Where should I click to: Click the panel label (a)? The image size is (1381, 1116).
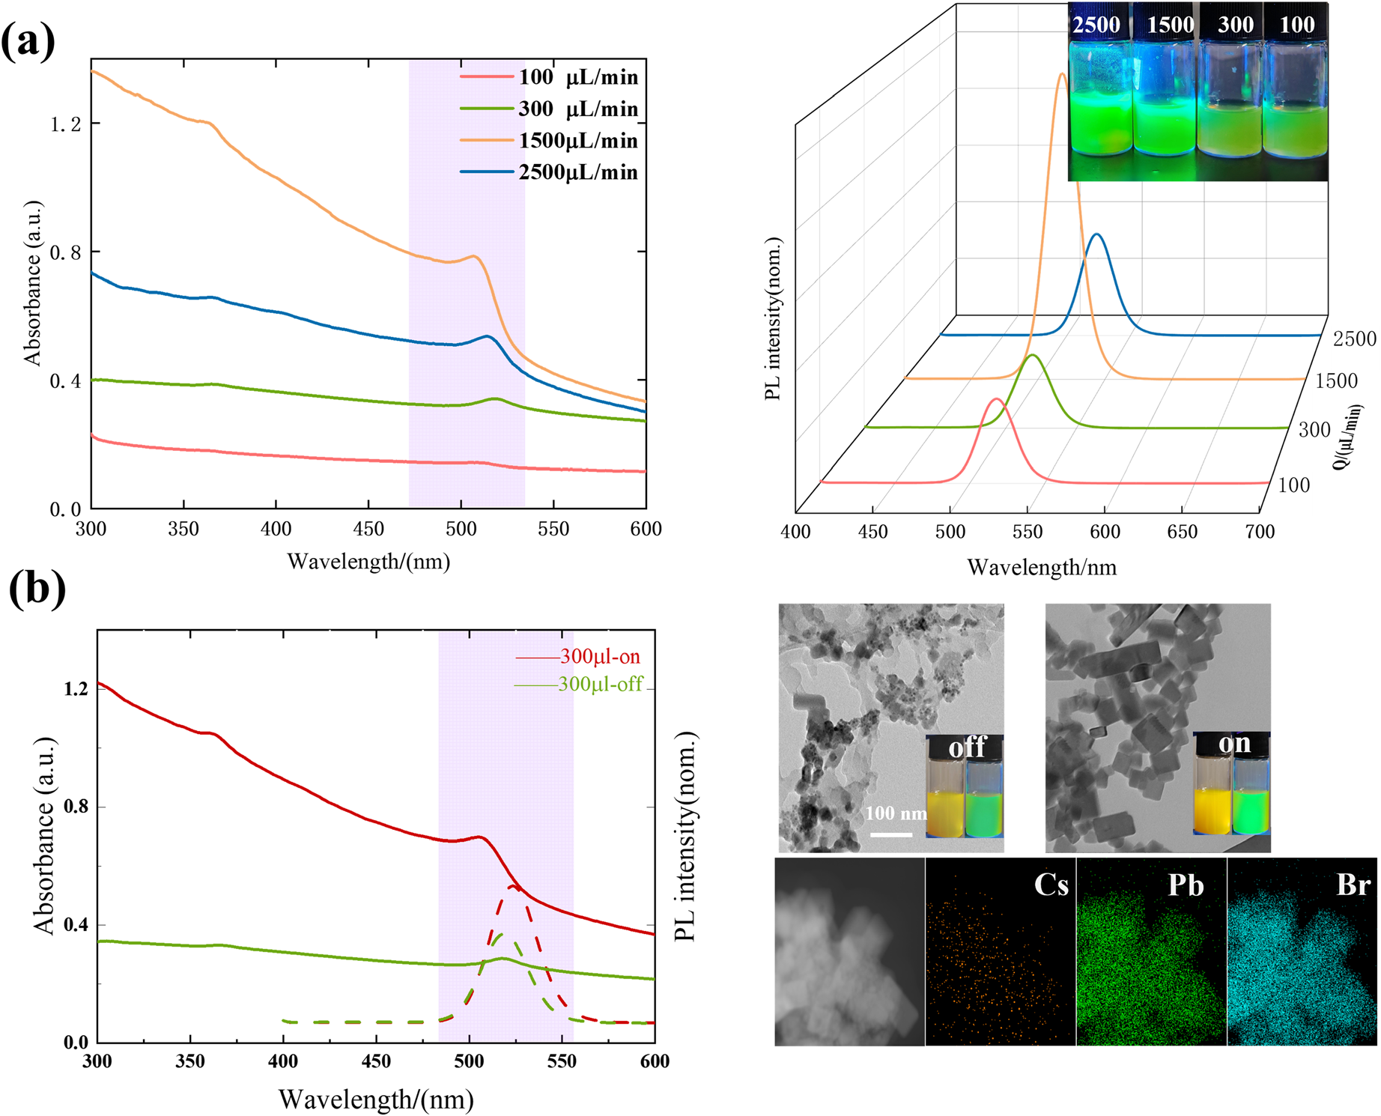coord(28,42)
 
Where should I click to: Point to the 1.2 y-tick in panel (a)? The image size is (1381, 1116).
coord(66,124)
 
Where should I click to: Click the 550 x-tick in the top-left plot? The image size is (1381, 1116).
coord(553,530)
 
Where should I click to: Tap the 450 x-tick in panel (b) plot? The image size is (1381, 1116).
coord(376,1061)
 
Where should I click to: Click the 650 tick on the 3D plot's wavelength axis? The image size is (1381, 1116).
coord(1183,532)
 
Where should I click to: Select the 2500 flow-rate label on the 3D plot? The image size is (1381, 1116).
coord(1354,339)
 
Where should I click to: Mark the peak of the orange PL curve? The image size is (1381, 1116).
coord(1062,74)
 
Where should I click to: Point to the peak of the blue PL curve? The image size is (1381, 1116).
coord(1097,234)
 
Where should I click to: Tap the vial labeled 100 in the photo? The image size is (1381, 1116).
coord(1296,97)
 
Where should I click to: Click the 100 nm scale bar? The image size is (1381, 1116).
coord(890,834)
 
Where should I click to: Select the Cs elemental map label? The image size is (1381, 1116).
coord(1051,885)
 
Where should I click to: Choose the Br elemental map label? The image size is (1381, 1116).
coord(1353,885)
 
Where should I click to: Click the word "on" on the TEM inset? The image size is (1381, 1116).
coord(1233,743)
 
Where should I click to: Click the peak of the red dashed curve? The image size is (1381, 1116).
coord(512,887)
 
